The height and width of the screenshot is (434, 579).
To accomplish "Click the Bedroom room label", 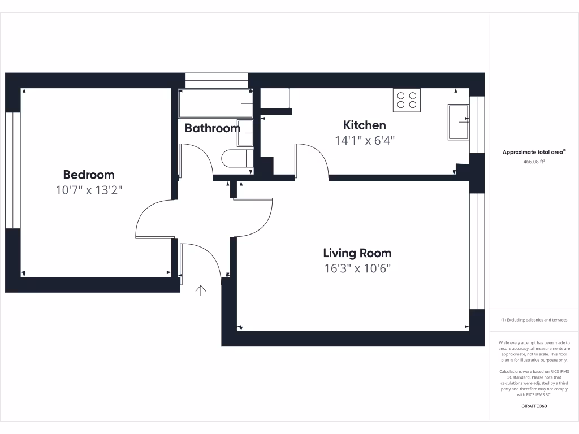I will pos(88,175).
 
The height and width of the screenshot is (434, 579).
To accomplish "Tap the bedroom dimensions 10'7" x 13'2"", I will pos(88,190).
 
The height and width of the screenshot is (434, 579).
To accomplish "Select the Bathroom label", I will pos(212,128).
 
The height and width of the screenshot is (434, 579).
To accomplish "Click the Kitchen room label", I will pos(365,125).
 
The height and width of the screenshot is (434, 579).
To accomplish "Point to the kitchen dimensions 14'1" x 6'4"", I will pos(365,141).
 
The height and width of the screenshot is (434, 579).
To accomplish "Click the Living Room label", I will pos(357,253).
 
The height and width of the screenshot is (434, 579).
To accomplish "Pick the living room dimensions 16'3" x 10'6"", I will pos(357,268).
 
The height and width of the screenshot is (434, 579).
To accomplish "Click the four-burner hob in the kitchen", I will pos(407,100).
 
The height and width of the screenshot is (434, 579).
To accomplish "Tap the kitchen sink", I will pos(459,121).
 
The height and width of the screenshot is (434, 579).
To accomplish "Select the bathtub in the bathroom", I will pos(215,103).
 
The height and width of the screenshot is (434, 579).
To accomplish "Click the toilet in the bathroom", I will pos(236,159).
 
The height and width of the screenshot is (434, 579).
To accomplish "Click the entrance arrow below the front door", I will pos(200,290).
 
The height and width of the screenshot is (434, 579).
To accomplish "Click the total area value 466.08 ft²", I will pos(534,162).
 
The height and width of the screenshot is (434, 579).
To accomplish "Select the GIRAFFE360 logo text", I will pos(534,406).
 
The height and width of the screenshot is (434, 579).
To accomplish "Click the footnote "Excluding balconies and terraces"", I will pos(534,320).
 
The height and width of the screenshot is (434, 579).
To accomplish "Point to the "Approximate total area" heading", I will pos(534,152).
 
